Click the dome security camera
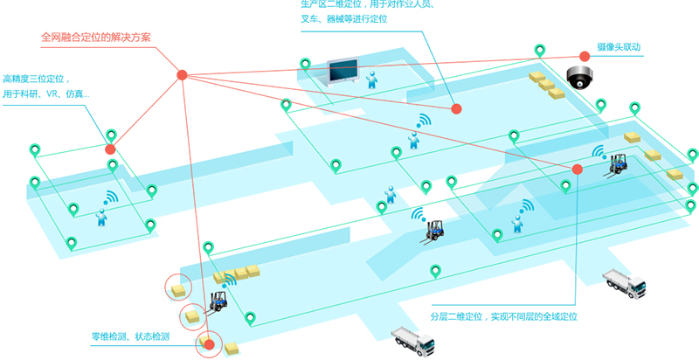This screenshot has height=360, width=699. point(578,76)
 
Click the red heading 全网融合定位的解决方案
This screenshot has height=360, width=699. point(96,38)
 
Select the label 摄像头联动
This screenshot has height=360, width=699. point(619,47)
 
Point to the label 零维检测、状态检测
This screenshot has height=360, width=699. point(130,336)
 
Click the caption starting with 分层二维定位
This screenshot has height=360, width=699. point(505,315)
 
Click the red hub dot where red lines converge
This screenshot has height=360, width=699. point(182,74)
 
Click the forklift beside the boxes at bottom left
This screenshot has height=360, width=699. point(216,300)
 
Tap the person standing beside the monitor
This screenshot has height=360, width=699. point(373,80)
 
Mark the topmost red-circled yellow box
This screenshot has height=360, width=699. point(180,287)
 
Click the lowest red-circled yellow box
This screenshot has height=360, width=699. point(208,344)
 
